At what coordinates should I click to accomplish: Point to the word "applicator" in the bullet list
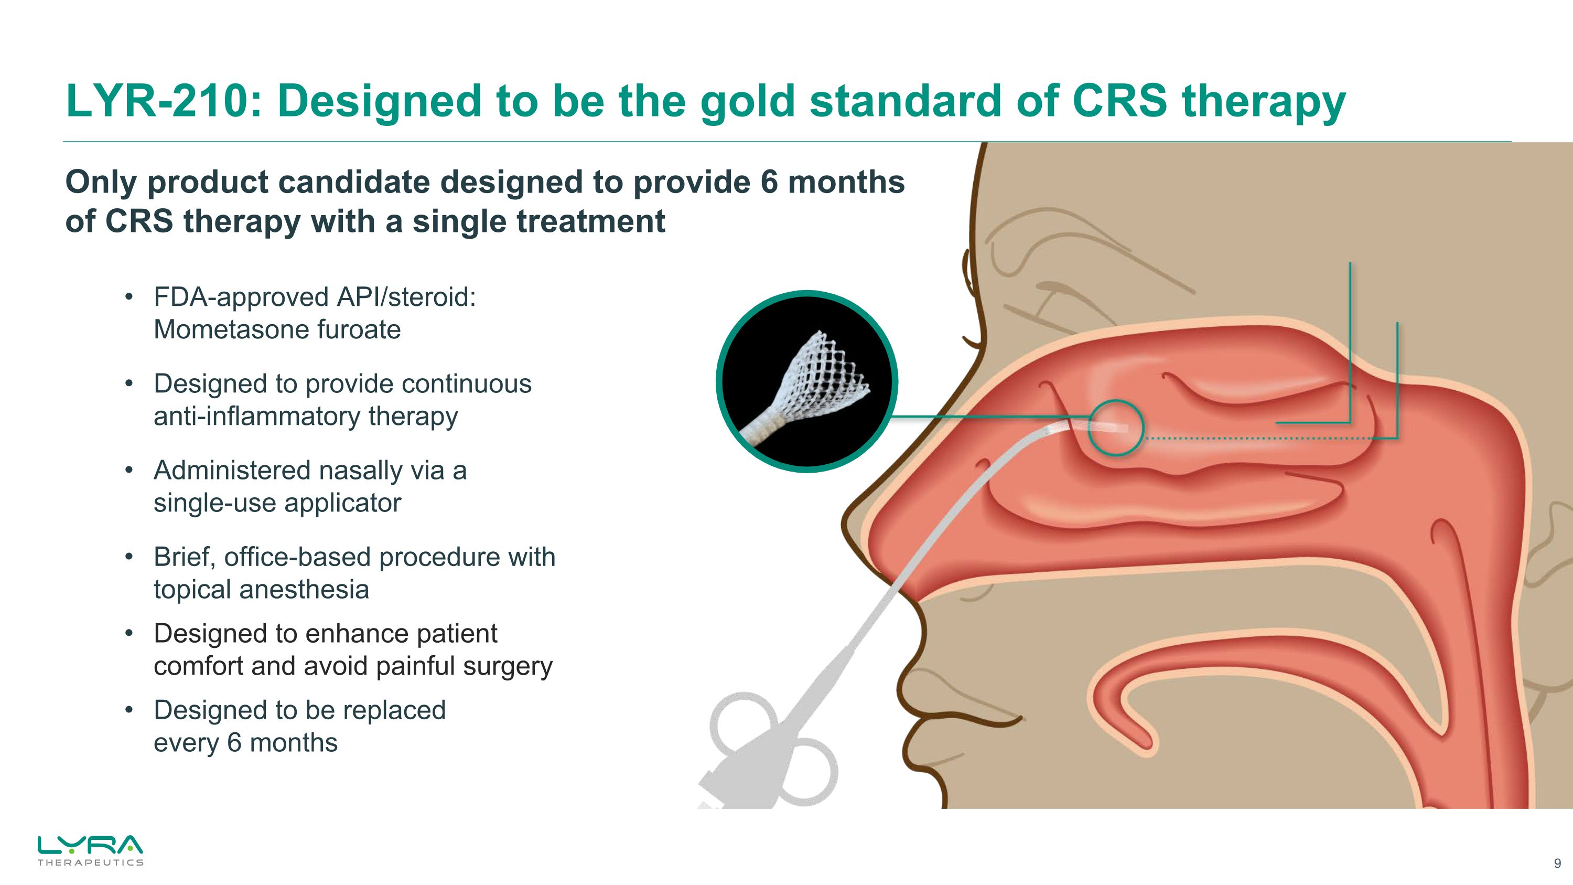(342, 503)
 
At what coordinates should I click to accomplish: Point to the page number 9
(1557, 863)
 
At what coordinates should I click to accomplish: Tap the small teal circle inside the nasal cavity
(1116, 428)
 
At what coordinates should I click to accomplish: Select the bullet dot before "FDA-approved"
(129, 297)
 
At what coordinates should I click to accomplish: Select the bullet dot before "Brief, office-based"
(129, 558)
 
